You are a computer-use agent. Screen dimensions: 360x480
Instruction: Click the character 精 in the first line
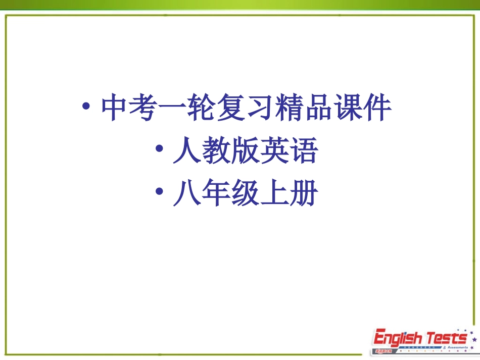(290, 108)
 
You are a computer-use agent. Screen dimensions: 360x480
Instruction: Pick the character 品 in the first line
(319, 108)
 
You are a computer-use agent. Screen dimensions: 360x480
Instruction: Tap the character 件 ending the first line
(377, 108)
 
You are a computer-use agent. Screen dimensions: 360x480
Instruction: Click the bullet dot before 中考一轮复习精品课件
(87, 108)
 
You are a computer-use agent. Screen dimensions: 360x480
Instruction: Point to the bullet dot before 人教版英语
(159, 150)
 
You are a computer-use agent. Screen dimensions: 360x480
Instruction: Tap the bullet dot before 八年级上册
(159, 193)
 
